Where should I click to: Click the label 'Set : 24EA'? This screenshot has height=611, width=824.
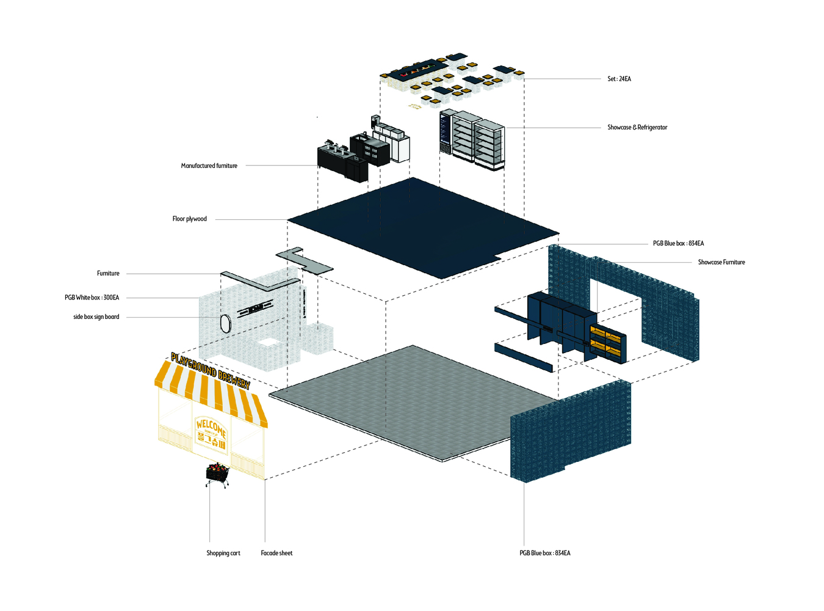coord(619,79)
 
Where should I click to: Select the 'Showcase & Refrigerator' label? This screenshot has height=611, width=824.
coord(637,128)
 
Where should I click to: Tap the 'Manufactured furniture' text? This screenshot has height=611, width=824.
coord(209,166)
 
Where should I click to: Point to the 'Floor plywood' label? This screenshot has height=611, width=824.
coord(189,219)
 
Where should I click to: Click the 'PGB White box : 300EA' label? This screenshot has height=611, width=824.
coord(92,298)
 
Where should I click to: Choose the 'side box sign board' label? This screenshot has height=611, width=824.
coord(96,317)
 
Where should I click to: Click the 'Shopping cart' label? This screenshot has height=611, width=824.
coord(223,553)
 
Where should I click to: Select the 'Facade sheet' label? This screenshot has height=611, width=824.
coord(276,553)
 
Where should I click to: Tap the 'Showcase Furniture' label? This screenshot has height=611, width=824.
coord(721,262)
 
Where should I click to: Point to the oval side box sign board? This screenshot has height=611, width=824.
coord(225,322)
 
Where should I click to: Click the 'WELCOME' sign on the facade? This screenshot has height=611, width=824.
coord(211,426)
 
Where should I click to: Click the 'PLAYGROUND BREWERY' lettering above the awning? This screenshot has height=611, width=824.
coord(210,369)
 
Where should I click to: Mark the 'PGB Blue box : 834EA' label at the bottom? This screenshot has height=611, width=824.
coord(545,553)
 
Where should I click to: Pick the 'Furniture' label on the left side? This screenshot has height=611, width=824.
coord(108,274)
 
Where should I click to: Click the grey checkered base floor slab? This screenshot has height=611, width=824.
coord(415,403)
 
